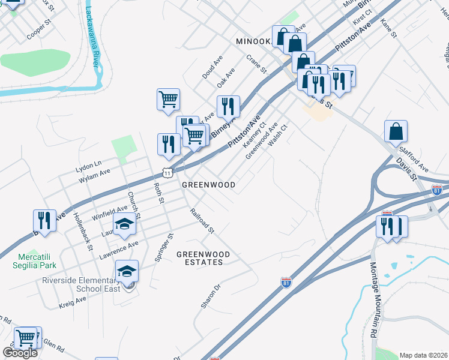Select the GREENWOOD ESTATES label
tap(203, 258)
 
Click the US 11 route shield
tap(167, 172)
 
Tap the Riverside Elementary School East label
tap(78, 284)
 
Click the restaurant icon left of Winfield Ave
tap(44, 221)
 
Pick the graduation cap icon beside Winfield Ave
tap(125, 225)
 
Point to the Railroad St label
tap(202, 220)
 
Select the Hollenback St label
tap(83, 231)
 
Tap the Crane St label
tap(256, 64)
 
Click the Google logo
tap(20, 353)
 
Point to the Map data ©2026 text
tap(424, 355)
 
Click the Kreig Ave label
tap(73, 302)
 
